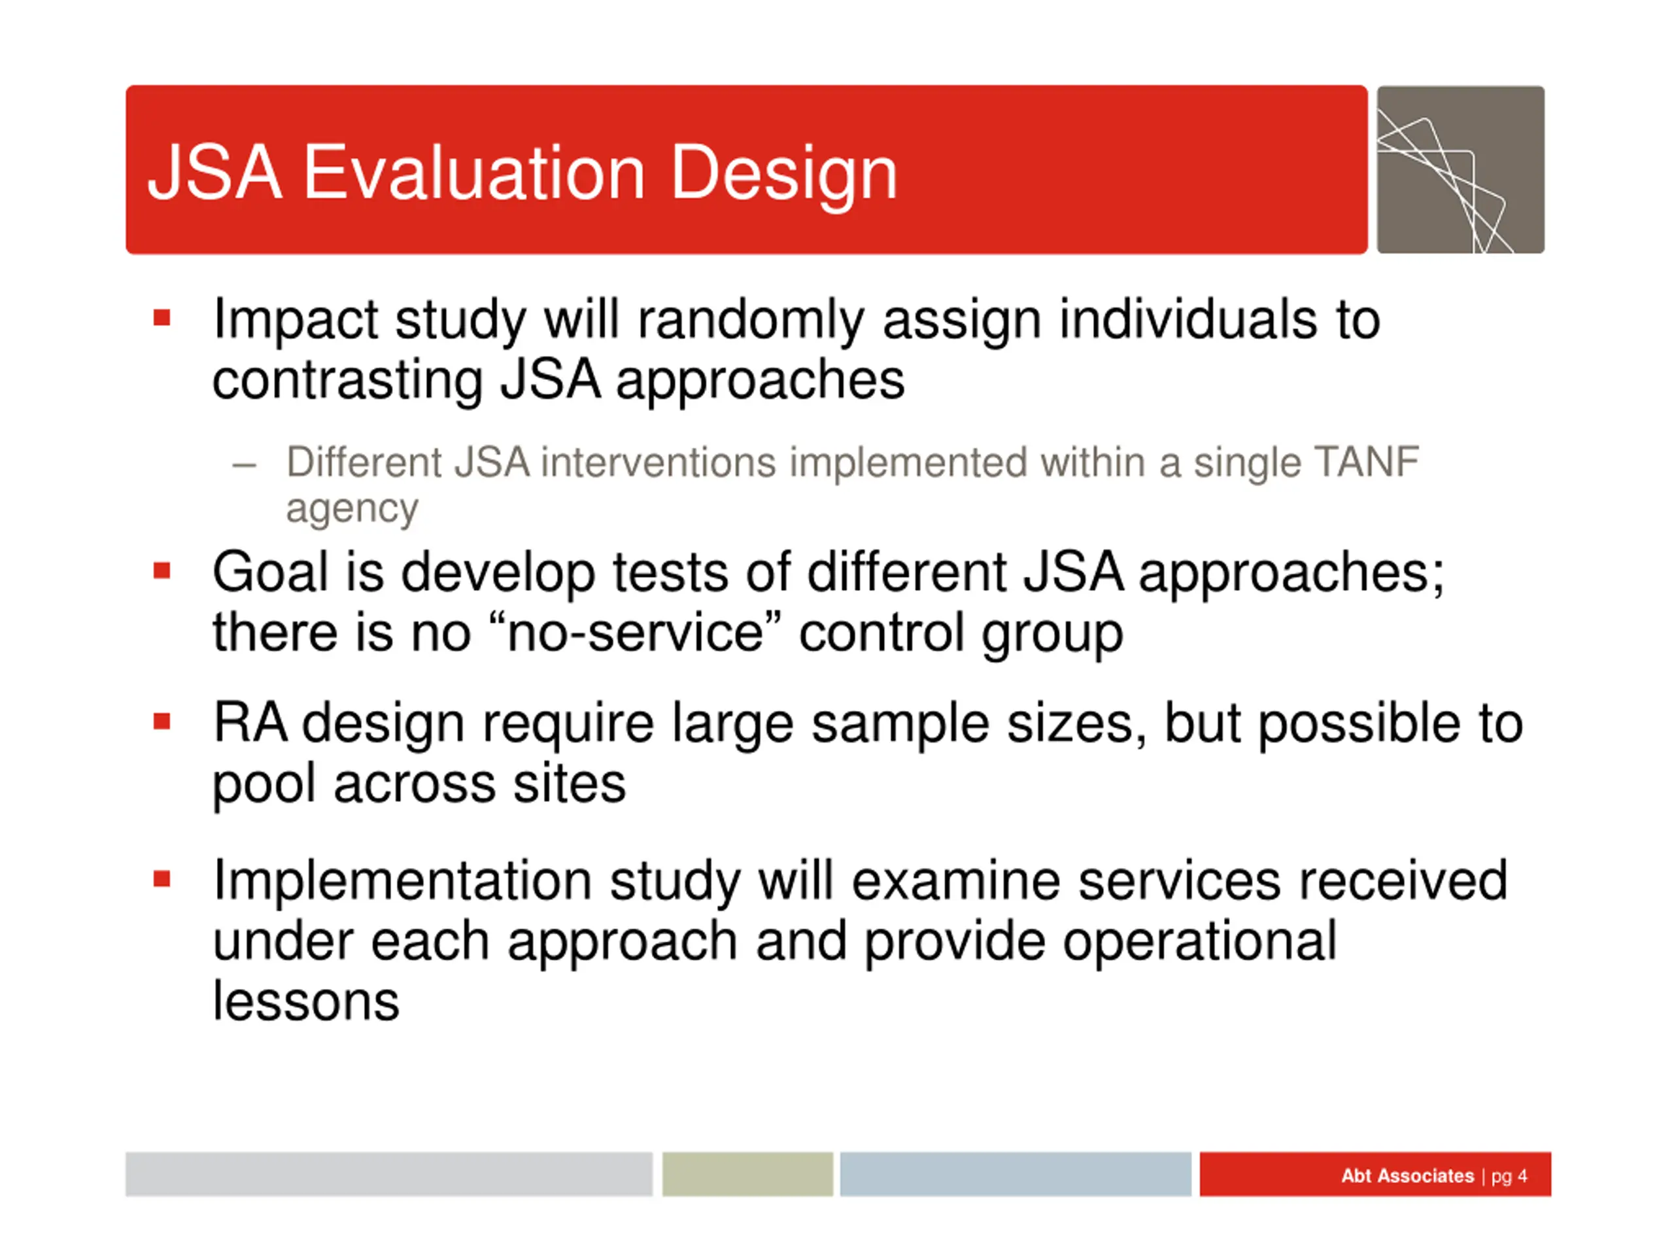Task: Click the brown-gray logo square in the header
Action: click(x=1461, y=169)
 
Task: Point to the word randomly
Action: click(x=751, y=321)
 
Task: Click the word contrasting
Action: click(x=347, y=380)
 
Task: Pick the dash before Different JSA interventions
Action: click(x=245, y=465)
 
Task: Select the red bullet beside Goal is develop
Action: click(x=162, y=569)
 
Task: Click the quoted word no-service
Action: click(x=635, y=633)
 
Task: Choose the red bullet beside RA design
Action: click(x=162, y=721)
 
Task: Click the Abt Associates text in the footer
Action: click(x=1408, y=1176)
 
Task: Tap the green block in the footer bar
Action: click(x=747, y=1174)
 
